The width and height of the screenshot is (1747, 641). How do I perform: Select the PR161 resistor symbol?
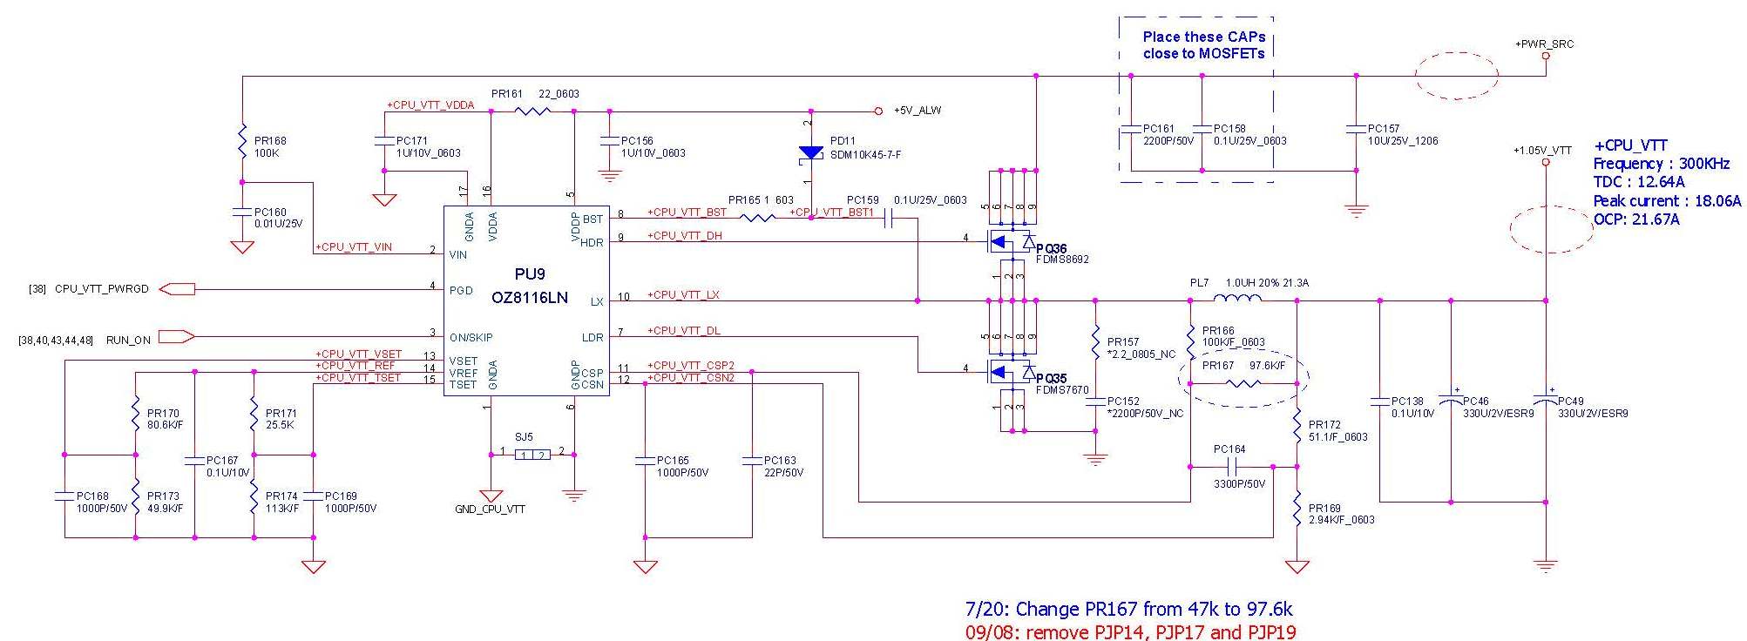pyautogui.click(x=532, y=111)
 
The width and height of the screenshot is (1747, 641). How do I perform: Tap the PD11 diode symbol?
pyautogui.click(x=811, y=152)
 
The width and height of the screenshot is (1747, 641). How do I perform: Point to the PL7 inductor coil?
pyautogui.click(x=1237, y=300)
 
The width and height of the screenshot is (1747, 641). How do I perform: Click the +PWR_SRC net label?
pyautogui.click(x=1544, y=44)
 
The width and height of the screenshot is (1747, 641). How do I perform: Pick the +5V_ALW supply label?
pyautogui.click(x=918, y=111)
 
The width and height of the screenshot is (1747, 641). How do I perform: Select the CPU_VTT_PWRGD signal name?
pyautogui.click(x=102, y=289)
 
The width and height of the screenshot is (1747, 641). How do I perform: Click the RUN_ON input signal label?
pyautogui.click(x=128, y=341)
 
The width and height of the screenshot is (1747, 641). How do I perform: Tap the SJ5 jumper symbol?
pyautogui.click(x=532, y=455)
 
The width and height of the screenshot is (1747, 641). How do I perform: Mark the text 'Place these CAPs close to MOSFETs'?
pyautogui.click(x=1203, y=45)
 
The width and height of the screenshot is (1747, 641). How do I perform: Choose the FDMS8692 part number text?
pyautogui.click(x=1062, y=260)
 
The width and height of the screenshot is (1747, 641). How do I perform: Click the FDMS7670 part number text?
pyautogui.click(x=1062, y=390)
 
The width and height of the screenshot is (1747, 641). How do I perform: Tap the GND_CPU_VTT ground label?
pyautogui.click(x=490, y=509)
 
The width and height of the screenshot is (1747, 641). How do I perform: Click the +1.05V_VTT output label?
pyautogui.click(x=1542, y=151)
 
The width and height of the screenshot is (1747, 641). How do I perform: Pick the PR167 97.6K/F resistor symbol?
pyautogui.click(x=1242, y=383)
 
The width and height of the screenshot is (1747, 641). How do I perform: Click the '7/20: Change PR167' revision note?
pyautogui.click(x=1128, y=609)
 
